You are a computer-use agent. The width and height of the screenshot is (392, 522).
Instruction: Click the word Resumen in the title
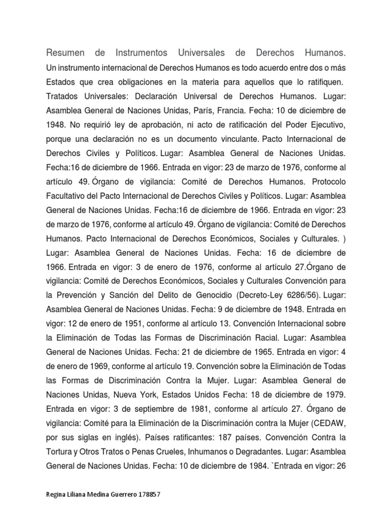coord(65,53)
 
